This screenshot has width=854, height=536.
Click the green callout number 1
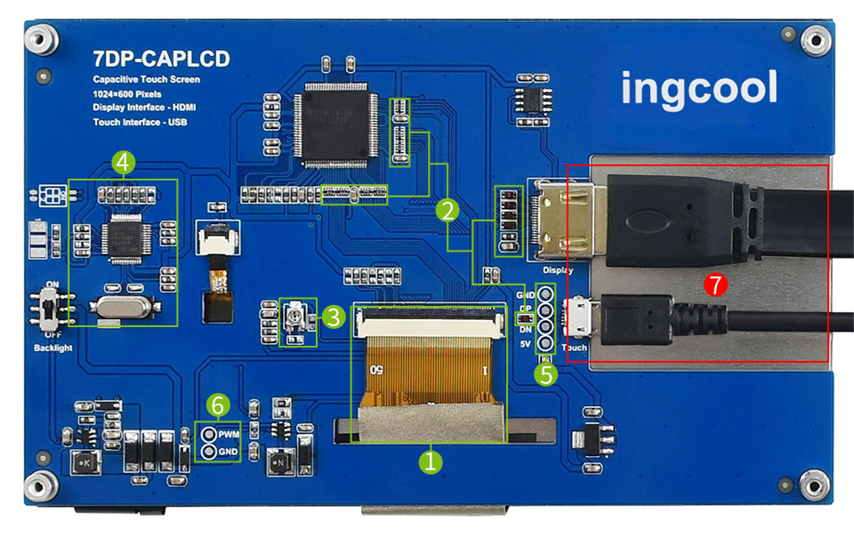click(431, 460)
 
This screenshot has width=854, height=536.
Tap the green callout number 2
click(447, 210)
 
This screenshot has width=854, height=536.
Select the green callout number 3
click(333, 316)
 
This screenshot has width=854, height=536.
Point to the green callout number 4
click(124, 162)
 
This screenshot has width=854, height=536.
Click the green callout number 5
click(546, 374)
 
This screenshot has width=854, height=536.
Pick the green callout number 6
click(217, 405)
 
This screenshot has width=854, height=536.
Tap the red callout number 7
click(715, 285)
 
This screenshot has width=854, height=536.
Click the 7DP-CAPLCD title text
click(161, 60)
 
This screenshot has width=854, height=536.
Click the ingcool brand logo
click(698, 89)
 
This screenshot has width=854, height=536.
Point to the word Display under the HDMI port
click(557, 269)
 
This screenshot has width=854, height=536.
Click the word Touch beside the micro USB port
click(575, 348)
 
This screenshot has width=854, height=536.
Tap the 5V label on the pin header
click(526, 343)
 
